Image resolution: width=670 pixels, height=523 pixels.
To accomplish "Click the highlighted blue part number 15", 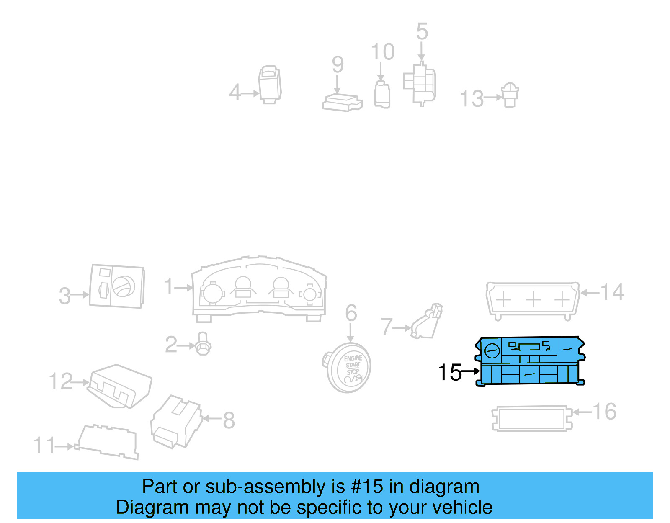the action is tap(530, 361).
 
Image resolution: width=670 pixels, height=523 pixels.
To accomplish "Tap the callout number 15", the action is tap(449, 372).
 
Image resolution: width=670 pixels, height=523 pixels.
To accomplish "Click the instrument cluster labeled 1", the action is tap(259, 289).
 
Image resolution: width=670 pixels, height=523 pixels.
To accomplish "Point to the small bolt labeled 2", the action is tap(203, 344).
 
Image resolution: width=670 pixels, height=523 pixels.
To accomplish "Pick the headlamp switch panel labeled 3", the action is tap(117, 286).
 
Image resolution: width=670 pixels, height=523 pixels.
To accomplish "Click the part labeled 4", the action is tap(270, 84).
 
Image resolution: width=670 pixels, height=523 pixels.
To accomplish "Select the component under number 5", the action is tap(420, 84).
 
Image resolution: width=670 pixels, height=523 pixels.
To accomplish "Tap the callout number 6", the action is tap(351, 313).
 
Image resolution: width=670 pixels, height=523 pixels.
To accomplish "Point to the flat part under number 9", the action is tap(342, 103).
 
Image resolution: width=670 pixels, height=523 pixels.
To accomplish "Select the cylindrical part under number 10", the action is tap(381, 95).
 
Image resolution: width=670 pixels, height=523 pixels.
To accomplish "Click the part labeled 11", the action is tap(107, 442).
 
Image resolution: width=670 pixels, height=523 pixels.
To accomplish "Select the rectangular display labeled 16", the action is tap(531, 418).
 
